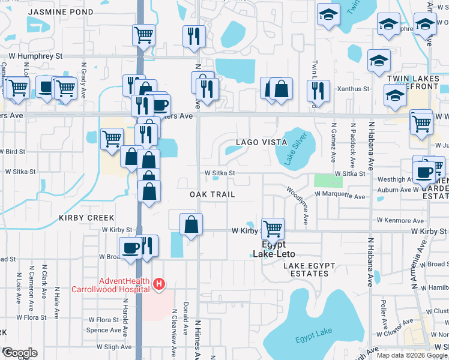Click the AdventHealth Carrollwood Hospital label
pos(110,284)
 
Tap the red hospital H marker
pos(159,284)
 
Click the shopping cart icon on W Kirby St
pos(273,228)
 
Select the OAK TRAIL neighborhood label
pos(212,195)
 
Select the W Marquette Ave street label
pos(340,196)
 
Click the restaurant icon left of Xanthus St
pos(318,91)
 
